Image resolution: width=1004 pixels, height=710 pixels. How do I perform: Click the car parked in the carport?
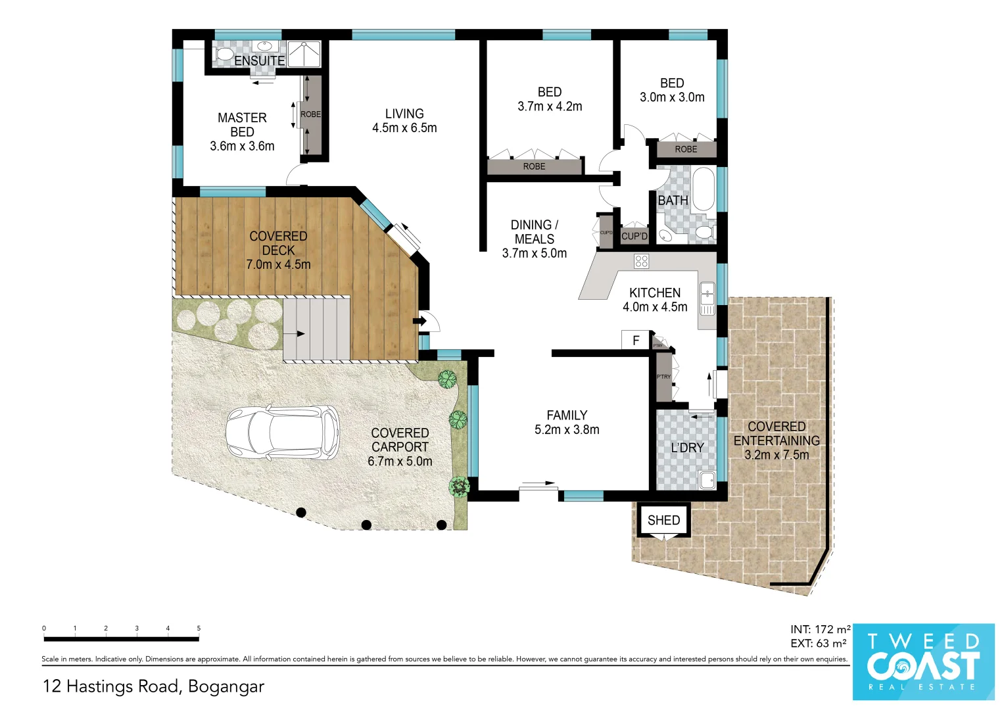[282, 432]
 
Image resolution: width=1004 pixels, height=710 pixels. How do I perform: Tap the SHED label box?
[663, 521]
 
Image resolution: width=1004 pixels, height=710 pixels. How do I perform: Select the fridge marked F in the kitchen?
[636, 340]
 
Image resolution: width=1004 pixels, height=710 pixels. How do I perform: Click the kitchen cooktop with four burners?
[642, 262]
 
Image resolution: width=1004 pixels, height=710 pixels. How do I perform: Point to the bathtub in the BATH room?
[703, 189]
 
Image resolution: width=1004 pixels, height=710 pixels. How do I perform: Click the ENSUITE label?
[259, 60]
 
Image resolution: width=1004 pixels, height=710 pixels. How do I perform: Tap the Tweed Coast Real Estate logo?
[923, 661]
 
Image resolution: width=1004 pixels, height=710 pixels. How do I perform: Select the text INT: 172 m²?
[821, 630]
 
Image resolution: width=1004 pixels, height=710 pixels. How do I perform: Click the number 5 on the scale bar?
[199, 628]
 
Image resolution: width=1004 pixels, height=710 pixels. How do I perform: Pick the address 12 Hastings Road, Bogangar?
[153, 686]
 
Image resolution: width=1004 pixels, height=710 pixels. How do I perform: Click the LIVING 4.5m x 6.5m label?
[404, 121]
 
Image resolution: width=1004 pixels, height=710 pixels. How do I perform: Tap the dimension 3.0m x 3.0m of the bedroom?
[672, 97]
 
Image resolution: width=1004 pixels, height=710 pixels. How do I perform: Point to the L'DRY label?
[687, 448]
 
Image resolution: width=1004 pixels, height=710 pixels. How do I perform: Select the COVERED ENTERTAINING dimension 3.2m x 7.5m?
[777, 455]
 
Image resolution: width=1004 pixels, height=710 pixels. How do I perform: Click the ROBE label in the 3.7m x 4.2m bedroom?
[534, 167]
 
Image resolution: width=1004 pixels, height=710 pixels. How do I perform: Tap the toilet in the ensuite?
[224, 53]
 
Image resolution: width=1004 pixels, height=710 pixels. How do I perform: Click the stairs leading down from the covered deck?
[316, 329]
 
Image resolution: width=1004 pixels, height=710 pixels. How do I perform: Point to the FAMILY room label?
[567, 415]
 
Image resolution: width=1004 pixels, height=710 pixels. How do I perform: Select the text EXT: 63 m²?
[818, 644]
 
